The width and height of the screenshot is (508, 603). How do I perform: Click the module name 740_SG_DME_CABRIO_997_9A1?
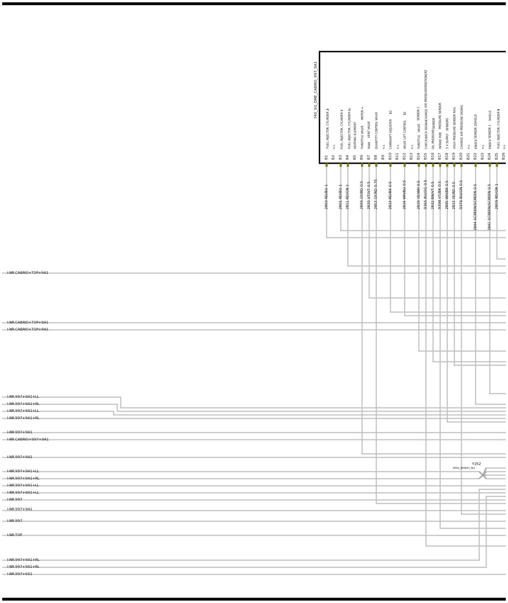click(x=315, y=90)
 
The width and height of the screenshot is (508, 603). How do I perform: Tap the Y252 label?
click(x=476, y=464)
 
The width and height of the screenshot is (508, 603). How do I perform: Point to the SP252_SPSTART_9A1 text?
click(x=464, y=468)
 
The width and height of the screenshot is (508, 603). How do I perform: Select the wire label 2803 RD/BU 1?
click(x=326, y=197)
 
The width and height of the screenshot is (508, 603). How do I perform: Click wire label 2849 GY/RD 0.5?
click(x=361, y=195)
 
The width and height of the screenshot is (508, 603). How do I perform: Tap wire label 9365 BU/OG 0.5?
click(x=425, y=195)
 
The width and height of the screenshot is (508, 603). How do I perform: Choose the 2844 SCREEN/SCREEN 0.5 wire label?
click(x=475, y=207)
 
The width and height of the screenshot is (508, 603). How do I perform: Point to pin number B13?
click(x=411, y=156)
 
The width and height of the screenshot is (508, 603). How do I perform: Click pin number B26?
click(x=503, y=156)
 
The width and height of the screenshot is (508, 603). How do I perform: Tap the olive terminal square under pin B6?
click(x=362, y=165)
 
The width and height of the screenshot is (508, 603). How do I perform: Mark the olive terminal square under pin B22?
click(x=475, y=165)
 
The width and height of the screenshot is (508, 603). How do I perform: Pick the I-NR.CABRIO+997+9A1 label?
click(x=28, y=439)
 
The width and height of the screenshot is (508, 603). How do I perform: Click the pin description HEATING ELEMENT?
click(x=355, y=136)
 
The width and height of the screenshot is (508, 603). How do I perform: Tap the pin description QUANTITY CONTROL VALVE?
click(x=376, y=131)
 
